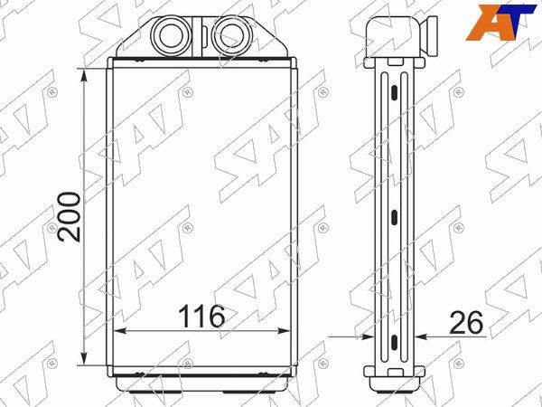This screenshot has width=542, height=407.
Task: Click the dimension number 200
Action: tap(70, 217)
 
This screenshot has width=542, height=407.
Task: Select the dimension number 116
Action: tap(201, 317)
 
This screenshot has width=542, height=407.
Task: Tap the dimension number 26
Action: tap(466, 323)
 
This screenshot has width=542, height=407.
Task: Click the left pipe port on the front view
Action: tap(172, 35)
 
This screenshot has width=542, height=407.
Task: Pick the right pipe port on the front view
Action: tap(230, 35)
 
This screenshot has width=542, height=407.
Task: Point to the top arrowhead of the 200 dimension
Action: tap(84, 77)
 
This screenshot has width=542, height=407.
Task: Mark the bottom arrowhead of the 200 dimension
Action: tap(84, 357)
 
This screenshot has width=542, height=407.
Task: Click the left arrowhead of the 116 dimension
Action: tap(121, 331)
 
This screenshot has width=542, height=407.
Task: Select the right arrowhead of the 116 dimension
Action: tap(283, 331)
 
